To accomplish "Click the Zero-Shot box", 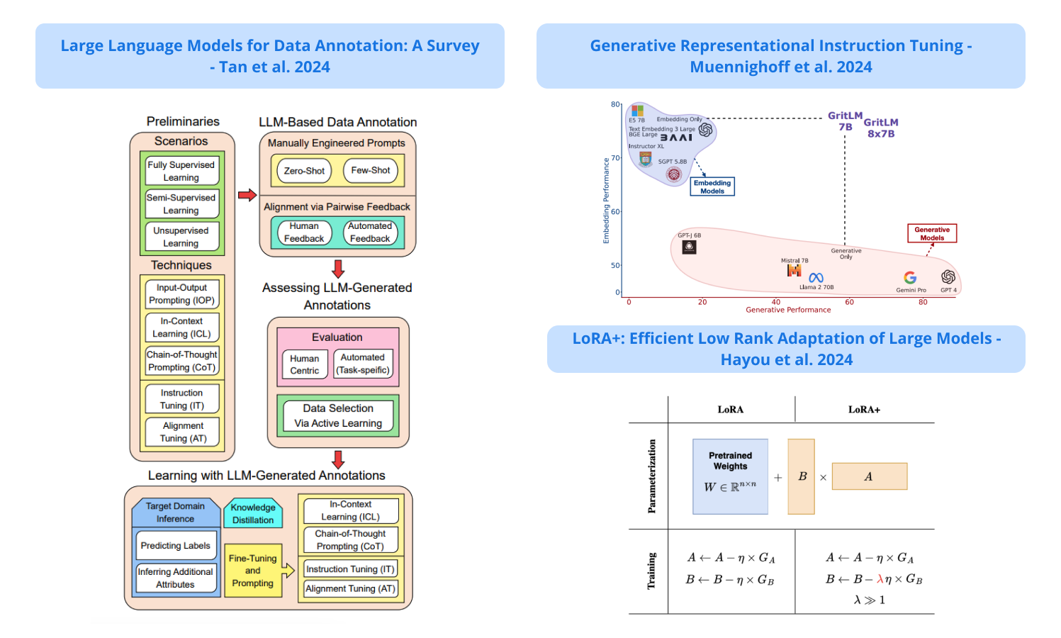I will (304, 171).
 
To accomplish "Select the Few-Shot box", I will (371, 171).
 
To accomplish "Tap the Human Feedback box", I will (304, 233).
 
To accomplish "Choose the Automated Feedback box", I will (370, 233).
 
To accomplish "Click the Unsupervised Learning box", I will (181, 237).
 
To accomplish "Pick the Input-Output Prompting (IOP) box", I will (181, 294).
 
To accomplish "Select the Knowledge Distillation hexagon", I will (253, 514).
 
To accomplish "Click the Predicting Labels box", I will (175, 546).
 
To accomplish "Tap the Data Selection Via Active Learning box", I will (338, 416).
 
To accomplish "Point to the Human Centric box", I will (305, 364).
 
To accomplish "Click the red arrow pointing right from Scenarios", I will (247, 195).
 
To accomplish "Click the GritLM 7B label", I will (846, 121).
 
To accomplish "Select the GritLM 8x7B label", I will (881, 128).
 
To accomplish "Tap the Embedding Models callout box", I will (712, 186).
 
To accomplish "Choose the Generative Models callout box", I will (932, 233).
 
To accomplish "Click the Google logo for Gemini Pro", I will (910, 278).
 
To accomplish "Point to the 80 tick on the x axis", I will (923, 302).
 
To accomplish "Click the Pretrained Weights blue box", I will (730, 476).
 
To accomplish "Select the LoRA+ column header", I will (864, 410).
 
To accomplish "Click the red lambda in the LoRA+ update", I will (880, 579).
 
